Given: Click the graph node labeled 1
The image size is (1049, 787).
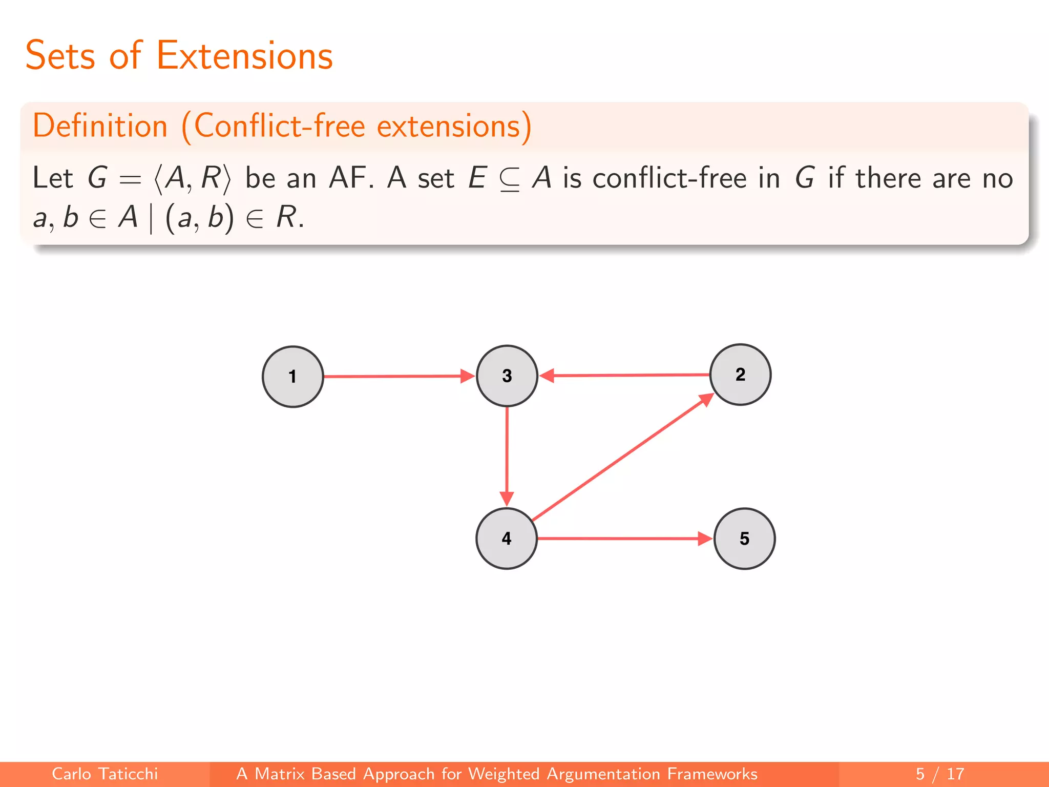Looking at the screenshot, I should pos(292,377).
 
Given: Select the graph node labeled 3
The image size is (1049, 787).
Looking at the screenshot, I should pos(507,376).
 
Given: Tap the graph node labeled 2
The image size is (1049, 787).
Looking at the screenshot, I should pos(740,375).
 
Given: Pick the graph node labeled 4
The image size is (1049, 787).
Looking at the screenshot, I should pos(507,539).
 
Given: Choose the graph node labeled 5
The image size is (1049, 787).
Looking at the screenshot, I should pos(744,539).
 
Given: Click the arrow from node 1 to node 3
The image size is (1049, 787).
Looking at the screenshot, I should pos(397,376).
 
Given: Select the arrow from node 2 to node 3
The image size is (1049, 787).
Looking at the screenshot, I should pos(625,375).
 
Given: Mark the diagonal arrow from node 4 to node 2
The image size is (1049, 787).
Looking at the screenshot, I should pos(622,457).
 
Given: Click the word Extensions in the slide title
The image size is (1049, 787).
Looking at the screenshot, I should pos(244,56).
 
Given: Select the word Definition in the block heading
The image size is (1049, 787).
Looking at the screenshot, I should pos(100,126).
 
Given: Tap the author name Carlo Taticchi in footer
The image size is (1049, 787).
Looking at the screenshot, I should pos(105,774).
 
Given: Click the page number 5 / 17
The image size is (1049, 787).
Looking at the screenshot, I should pos(940,774).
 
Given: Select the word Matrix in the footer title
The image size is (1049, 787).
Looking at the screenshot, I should pos(279,774).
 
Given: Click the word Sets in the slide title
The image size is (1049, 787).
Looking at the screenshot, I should pos(60,56).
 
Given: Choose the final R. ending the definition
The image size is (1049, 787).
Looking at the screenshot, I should pos(290,217).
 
